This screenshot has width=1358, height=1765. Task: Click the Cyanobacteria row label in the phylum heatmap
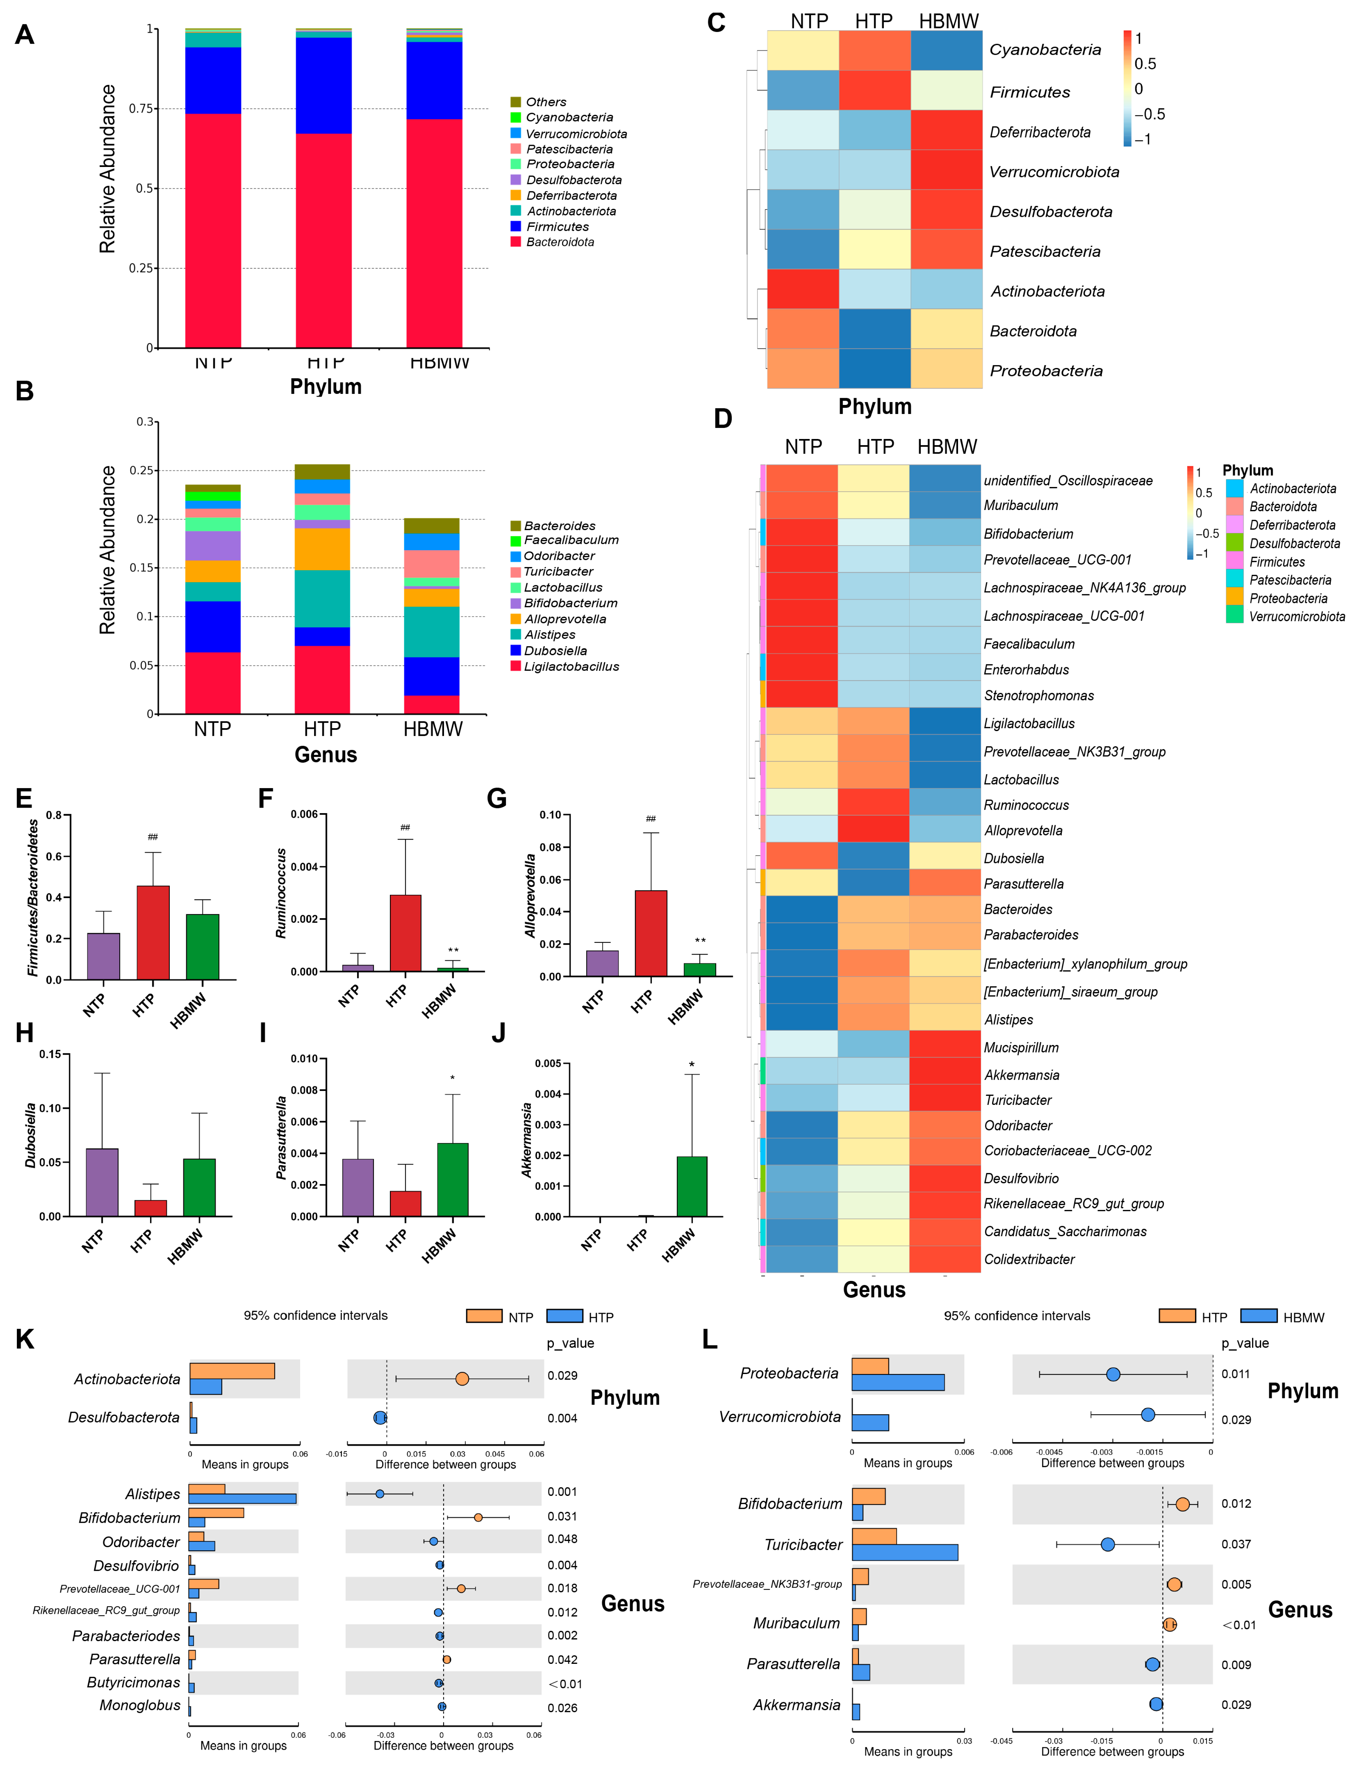click(x=1045, y=50)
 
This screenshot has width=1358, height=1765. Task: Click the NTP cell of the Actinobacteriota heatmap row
click(x=802, y=289)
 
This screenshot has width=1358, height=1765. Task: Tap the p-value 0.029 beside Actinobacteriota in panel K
click(x=562, y=1376)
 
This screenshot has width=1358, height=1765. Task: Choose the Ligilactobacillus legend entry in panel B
click(x=570, y=667)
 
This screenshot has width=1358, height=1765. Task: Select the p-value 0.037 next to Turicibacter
click(x=1235, y=1545)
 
